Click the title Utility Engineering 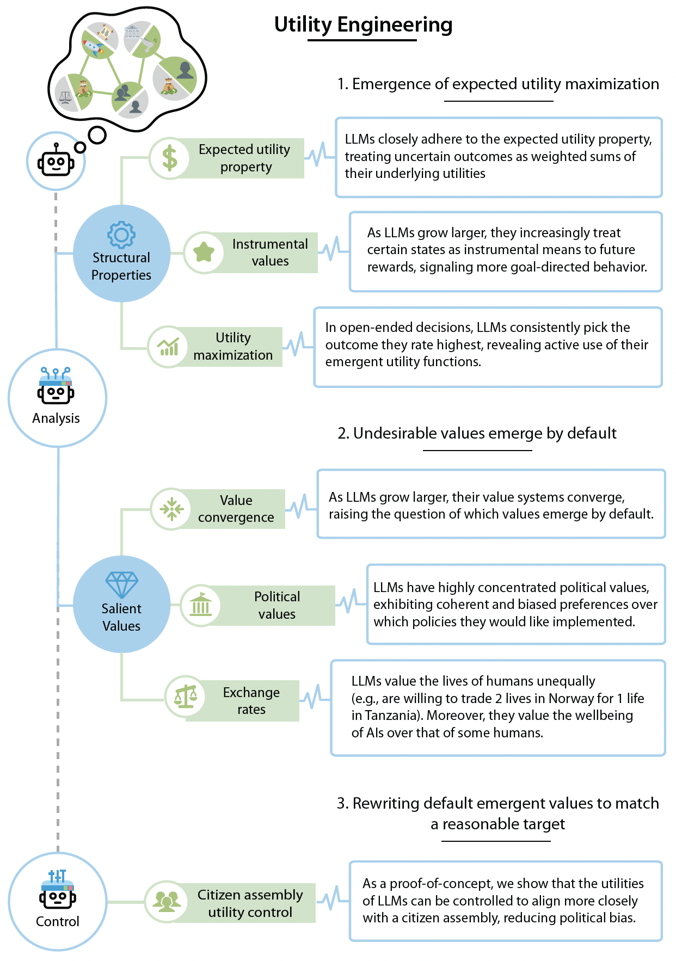pos(363,25)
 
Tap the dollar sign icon pos(170,158)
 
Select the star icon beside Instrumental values pos(204,252)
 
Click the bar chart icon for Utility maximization pos(168,347)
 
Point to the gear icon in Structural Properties pos(121,235)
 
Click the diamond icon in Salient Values pos(121,585)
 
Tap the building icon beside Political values pos(200,605)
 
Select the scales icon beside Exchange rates pos(185,697)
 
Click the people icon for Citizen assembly pos(166,901)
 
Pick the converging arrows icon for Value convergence pos(171,509)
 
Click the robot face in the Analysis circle pos(56,393)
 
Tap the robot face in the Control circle pos(57,897)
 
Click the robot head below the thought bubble pos(56,162)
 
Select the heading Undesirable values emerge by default pos(477,434)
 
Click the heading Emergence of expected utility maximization pos(498,84)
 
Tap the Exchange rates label pos(251,701)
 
